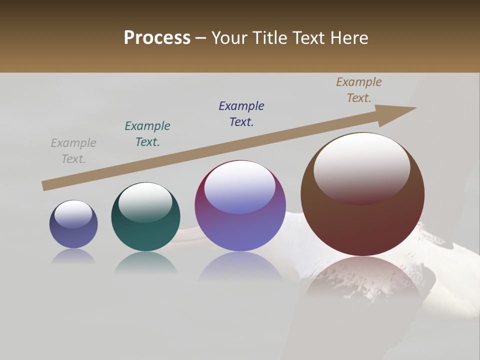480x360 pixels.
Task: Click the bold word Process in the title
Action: click(x=157, y=38)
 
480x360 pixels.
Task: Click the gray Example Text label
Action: click(x=73, y=151)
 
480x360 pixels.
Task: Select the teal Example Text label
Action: click(x=147, y=134)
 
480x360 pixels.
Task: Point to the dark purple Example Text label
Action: click(x=241, y=114)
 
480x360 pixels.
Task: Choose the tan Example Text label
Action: click(x=359, y=90)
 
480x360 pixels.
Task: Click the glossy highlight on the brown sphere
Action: click(x=361, y=167)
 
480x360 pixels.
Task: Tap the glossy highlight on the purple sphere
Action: click(x=239, y=186)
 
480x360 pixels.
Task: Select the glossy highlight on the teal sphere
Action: click(x=145, y=202)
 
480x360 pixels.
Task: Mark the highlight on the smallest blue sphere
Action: click(x=73, y=214)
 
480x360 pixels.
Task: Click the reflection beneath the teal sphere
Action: click(x=145, y=262)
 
